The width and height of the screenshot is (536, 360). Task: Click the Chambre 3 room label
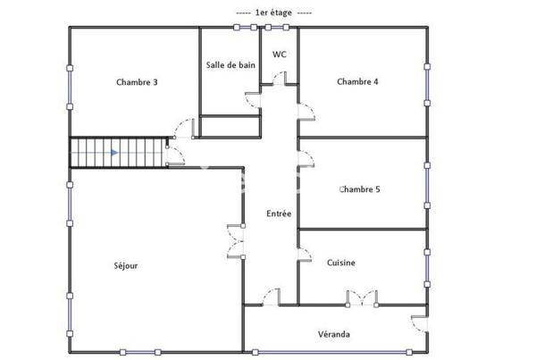tap(137, 83)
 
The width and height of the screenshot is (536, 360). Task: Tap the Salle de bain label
tap(230, 65)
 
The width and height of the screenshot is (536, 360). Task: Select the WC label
tap(279, 54)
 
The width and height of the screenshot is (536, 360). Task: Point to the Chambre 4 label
tap(357, 82)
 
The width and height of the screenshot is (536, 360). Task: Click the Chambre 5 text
tap(360, 189)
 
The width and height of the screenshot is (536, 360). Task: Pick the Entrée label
tap(279, 213)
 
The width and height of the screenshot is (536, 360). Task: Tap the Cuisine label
tap(341, 263)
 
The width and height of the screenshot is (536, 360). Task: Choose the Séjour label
tap(126, 265)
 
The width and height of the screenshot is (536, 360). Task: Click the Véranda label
tap(333, 335)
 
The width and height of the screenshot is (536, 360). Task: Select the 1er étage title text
tap(273, 13)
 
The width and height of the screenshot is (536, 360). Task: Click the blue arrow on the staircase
tap(113, 153)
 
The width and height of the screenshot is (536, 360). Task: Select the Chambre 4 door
tap(306, 110)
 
